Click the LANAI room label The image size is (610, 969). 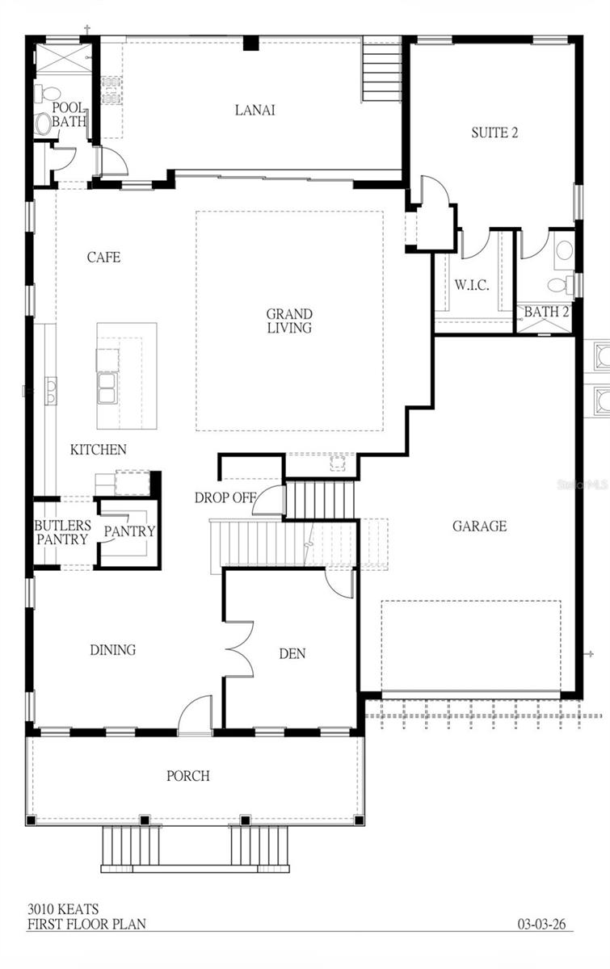(x=255, y=110)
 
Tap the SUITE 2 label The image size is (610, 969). (x=494, y=132)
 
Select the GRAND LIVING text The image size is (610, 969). (x=289, y=321)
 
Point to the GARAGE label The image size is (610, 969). (x=479, y=526)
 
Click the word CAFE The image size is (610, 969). (x=103, y=257)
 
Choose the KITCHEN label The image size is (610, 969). (x=98, y=449)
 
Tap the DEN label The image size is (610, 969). (x=292, y=653)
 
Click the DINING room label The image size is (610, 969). (x=112, y=649)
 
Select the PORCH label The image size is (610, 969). (x=188, y=775)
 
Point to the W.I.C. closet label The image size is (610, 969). (x=471, y=286)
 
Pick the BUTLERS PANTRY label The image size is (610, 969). (x=62, y=532)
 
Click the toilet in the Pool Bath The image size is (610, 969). (x=43, y=123)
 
